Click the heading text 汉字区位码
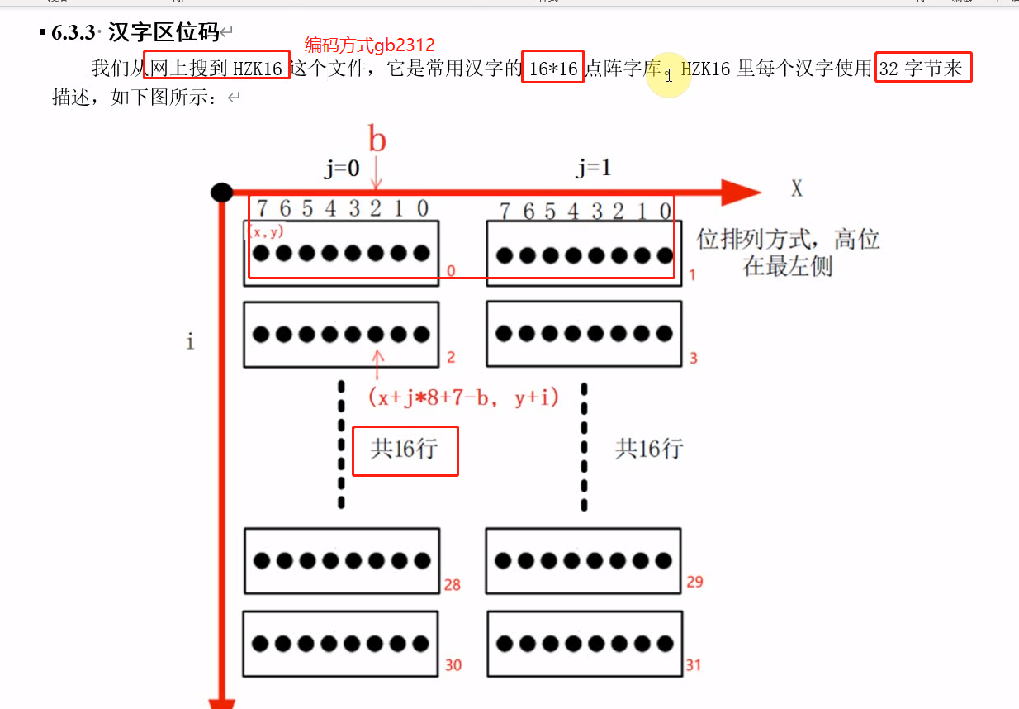click(164, 33)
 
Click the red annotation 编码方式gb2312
click(369, 45)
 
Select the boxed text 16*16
click(553, 69)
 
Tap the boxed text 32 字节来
click(922, 69)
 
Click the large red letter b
click(377, 140)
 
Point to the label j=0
click(341, 169)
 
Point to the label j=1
click(594, 169)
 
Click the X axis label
click(796, 190)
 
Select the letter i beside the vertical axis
click(190, 340)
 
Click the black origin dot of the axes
click(221, 193)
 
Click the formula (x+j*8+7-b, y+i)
click(463, 397)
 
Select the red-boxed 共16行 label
click(405, 450)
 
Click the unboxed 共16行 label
click(649, 450)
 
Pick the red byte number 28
click(452, 585)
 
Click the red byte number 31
click(694, 664)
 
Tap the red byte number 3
click(693, 359)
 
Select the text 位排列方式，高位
click(789, 240)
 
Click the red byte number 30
click(453, 664)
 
